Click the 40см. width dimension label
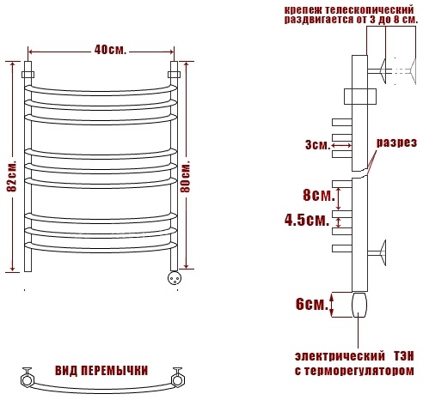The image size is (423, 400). click(x=110, y=51)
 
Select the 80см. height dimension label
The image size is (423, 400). click(x=186, y=177)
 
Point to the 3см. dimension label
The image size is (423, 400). click(x=317, y=144)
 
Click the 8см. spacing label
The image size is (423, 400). click(x=319, y=196)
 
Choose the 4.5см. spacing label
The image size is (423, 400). click(x=307, y=221)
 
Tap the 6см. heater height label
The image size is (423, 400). click(x=312, y=304)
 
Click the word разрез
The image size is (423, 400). click(x=396, y=142)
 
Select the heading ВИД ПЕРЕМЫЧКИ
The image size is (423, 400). click(x=101, y=371)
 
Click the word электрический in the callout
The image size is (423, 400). click(x=340, y=356)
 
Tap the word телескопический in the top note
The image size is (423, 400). click(x=370, y=9)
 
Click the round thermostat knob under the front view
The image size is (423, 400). click(x=175, y=278)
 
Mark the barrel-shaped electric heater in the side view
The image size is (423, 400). click(x=359, y=305)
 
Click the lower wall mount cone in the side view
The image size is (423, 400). click(x=382, y=252)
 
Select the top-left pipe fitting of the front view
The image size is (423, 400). click(x=28, y=73)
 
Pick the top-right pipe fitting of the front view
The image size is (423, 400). click(x=174, y=73)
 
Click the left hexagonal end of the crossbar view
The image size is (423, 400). click(x=28, y=378)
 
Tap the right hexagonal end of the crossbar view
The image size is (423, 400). click(x=178, y=378)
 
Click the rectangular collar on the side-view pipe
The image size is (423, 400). click(x=360, y=97)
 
